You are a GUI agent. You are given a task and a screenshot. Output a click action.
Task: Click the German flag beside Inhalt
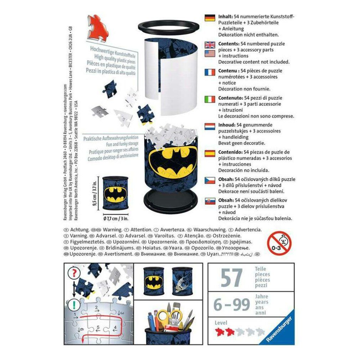pyautogui.click(x=210, y=17)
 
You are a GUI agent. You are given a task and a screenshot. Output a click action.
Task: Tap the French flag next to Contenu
pyautogui.click(x=210, y=72)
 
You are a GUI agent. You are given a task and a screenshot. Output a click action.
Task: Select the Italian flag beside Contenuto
pyautogui.click(x=210, y=99)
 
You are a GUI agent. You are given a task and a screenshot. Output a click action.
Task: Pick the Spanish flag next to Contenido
pyautogui.click(x=210, y=154)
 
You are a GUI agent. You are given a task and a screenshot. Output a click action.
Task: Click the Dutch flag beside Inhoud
pyautogui.click(x=210, y=127)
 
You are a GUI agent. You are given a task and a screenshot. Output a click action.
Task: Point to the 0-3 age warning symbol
pyautogui.click(x=279, y=243)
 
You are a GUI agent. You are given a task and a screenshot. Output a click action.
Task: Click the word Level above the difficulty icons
pyautogui.click(x=221, y=323)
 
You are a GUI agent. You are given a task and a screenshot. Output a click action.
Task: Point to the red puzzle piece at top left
pyautogui.click(x=96, y=26)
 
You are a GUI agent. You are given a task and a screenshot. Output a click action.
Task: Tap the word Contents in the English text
pyautogui.click(x=229, y=43)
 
